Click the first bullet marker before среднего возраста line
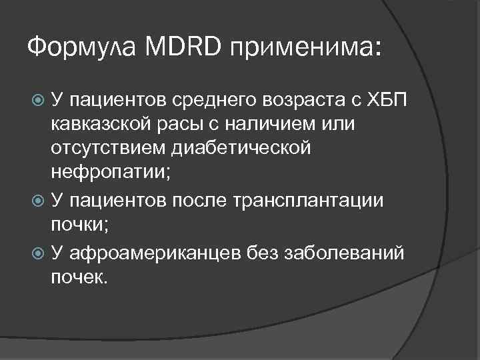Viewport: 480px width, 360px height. [x=39, y=101]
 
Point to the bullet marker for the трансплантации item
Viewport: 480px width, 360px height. [x=39, y=201]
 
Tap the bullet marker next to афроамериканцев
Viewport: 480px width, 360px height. [x=39, y=251]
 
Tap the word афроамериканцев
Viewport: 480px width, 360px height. [x=150, y=251]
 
